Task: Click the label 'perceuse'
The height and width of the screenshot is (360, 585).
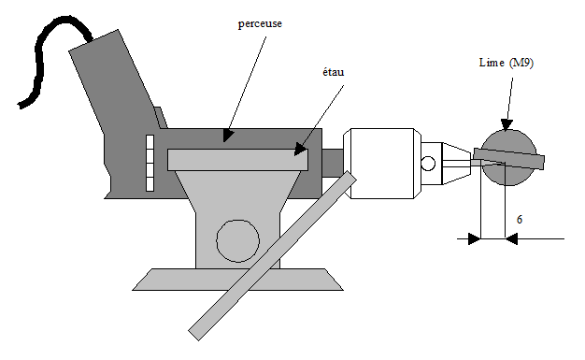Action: (260, 24)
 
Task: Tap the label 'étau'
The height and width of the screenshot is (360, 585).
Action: (334, 72)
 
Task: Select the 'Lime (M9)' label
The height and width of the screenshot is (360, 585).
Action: (507, 63)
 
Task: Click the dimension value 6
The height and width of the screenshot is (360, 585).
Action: (520, 220)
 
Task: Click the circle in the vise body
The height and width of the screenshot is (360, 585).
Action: (237, 241)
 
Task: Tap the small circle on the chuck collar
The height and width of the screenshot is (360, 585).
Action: (428, 164)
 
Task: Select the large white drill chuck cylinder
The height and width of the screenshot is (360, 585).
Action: (382, 164)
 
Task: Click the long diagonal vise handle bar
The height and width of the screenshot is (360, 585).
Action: (272, 256)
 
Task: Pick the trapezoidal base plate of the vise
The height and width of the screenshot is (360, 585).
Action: (237, 280)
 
